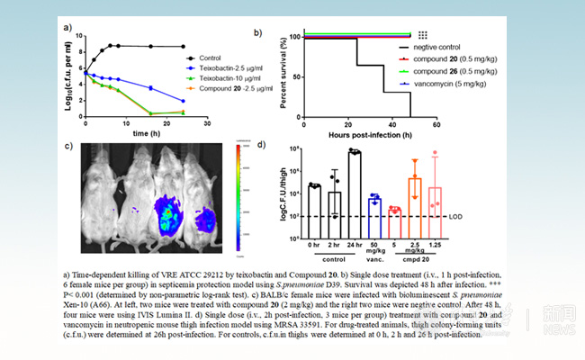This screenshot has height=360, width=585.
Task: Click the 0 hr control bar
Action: tap(314, 200)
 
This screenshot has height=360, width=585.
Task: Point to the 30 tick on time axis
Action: tap(207, 121)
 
